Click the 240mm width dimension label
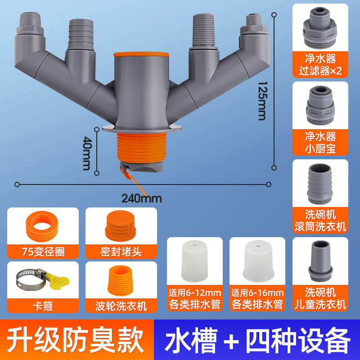[x=141, y=198]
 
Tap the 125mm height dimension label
[x=262, y=101]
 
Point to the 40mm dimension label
[x=87, y=153]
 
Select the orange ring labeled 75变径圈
[x=42, y=226]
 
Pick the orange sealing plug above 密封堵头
[x=120, y=226]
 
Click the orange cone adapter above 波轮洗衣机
[x=120, y=280]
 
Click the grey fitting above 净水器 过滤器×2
[x=320, y=28]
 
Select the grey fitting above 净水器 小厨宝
[x=320, y=105]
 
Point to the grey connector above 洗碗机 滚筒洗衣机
[x=320, y=184]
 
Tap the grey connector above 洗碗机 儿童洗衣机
[x=320, y=261]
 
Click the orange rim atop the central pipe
[x=141, y=54]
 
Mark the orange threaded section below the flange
[x=142, y=148]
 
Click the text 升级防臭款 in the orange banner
[x=75, y=340]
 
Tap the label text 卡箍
[x=43, y=306]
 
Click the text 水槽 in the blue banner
[x=191, y=340]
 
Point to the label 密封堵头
[x=121, y=252]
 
